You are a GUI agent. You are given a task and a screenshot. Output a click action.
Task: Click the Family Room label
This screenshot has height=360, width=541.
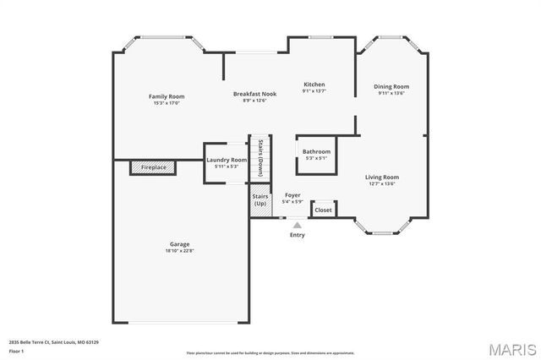click(x=167, y=96)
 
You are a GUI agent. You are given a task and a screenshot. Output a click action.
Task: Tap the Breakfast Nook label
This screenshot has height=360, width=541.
click(x=254, y=94)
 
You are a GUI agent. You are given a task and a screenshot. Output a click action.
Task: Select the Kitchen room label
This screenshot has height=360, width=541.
click(x=314, y=85)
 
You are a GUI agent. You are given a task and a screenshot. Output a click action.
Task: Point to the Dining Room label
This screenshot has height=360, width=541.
click(x=391, y=86)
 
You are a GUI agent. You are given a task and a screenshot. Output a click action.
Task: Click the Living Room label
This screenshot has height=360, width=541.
click(x=382, y=177)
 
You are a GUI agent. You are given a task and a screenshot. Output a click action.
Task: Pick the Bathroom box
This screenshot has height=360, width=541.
click(x=317, y=154)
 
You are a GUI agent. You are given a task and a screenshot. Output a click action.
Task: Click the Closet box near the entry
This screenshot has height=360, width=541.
click(x=323, y=210)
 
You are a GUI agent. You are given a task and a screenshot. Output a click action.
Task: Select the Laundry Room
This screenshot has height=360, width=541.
click(x=227, y=160)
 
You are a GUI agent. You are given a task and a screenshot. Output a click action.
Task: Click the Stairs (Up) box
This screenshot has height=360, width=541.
click(x=260, y=201)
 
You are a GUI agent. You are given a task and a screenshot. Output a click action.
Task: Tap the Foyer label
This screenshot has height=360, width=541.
click(x=292, y=195)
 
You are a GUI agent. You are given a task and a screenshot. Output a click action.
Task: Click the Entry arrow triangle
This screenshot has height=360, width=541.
click(x=297, y=226)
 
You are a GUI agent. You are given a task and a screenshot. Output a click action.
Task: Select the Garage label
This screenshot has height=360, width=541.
click(x=179, y=243)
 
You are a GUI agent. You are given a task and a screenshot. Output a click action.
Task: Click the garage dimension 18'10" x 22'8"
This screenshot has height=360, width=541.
click(x=179, y=251)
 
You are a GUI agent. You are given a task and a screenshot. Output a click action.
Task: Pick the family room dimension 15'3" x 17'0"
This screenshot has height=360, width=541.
click(x=167, y=103)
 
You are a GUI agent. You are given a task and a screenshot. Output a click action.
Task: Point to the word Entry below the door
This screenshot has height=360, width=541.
click(x=298, y=235)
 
